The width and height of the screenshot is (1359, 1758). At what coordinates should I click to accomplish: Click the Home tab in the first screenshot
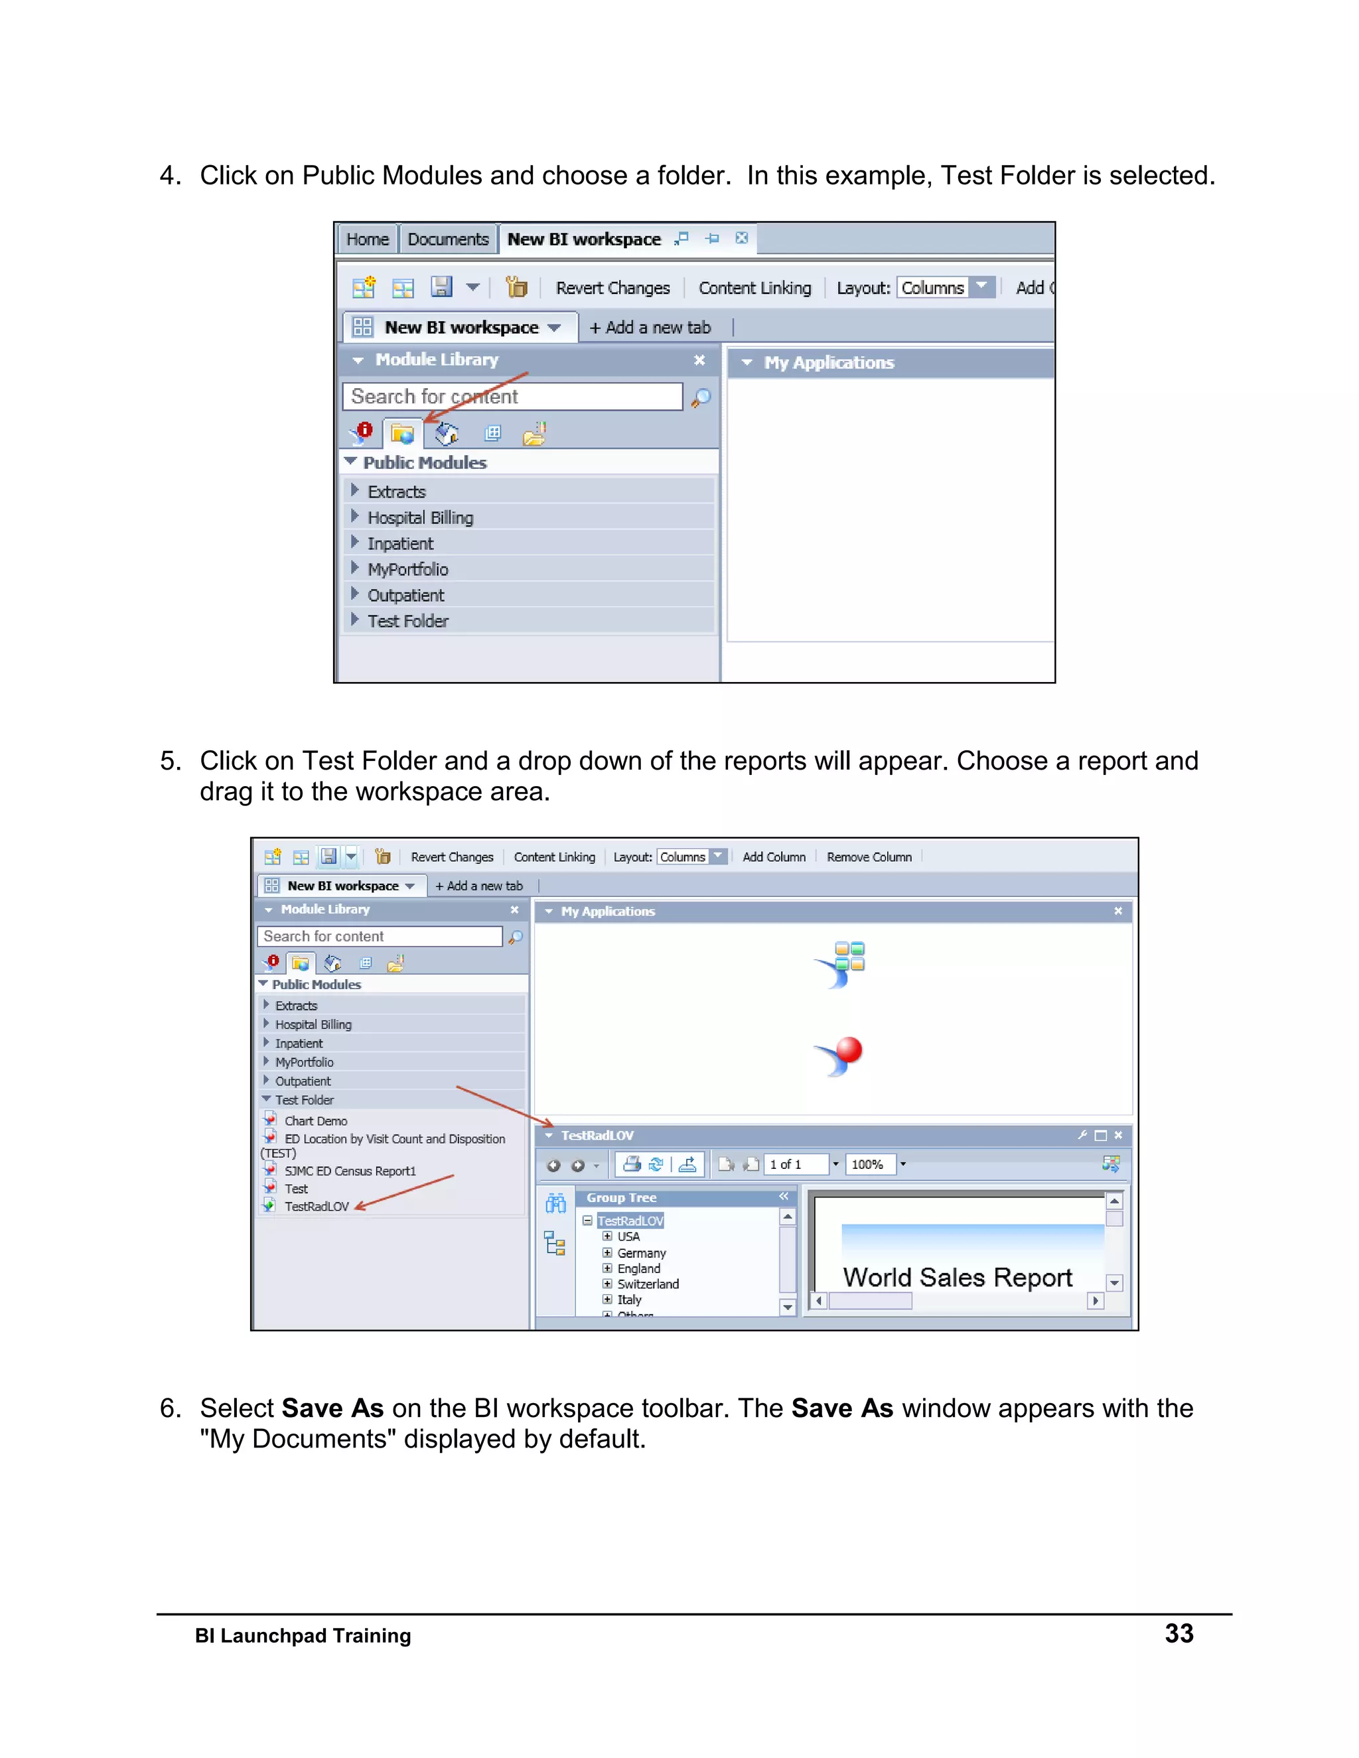pos(367,239)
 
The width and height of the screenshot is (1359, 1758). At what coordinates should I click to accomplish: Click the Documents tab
pos(448,239)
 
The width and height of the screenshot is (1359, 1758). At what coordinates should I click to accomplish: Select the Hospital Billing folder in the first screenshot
pos(419,517)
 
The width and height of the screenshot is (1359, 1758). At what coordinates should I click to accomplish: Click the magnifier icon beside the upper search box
pos(701,397)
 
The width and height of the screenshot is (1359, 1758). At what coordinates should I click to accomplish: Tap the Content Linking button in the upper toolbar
pos(754,288)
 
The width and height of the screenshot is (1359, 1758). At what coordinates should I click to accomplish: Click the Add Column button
pos(774,857)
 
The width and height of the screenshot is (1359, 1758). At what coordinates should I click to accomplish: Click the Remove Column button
pos(869,857)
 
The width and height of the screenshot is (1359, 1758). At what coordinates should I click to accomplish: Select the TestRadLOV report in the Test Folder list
pos(317,1207)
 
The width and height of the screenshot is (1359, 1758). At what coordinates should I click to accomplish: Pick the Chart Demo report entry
pos(316,1121)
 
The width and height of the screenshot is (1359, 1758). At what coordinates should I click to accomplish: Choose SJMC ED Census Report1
pos(350,1171)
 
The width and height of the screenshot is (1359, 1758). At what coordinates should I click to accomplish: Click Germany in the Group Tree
pos(641,1253)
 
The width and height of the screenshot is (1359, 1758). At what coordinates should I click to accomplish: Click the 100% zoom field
pos(868,1165)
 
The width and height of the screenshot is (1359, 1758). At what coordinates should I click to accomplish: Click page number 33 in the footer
pos(1179,1633)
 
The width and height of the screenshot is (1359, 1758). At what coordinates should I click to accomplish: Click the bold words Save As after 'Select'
pos(332,1408)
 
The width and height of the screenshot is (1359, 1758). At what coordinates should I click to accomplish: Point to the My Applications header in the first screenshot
pos(828,363)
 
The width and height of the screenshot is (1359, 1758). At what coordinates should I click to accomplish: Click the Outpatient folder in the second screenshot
pos(303,1081)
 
